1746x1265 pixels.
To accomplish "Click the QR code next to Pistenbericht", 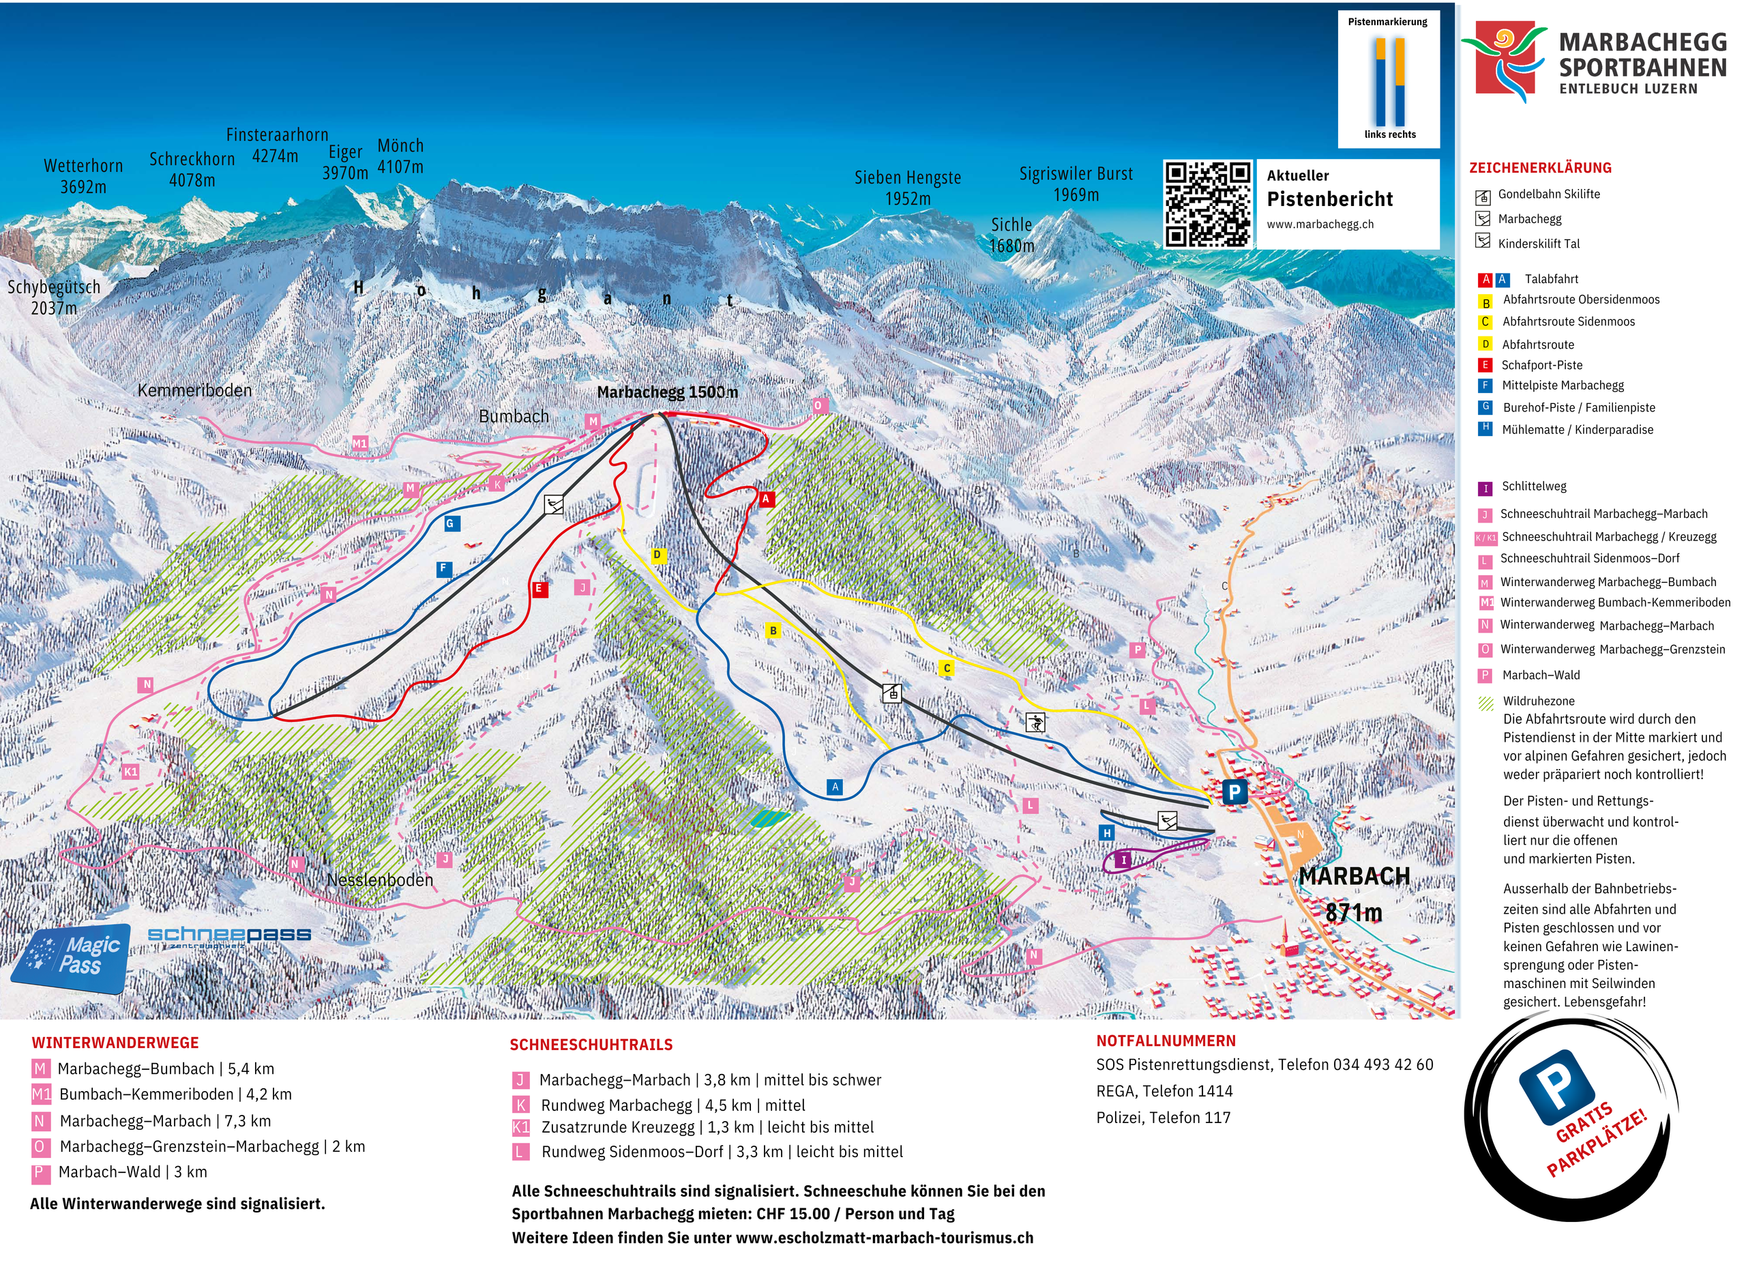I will (1207, 204).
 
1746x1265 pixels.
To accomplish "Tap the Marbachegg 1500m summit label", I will (666, 392).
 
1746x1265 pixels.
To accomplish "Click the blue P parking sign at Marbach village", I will (1234, 792).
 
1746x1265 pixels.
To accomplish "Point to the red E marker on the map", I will (539, 590).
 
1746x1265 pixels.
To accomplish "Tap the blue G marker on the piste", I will (451, 524).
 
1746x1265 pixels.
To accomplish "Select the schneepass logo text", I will (229, 935).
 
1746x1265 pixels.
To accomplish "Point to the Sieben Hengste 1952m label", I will (908, 188).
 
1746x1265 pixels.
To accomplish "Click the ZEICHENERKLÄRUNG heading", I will (1539, 168).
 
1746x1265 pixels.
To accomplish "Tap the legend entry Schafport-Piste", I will (1541, 366).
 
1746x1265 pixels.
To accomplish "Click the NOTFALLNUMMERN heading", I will (1166, 1042).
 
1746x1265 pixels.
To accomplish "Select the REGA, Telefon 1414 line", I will (1164, 1092).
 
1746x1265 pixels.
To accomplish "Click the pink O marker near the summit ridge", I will (818, 406).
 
